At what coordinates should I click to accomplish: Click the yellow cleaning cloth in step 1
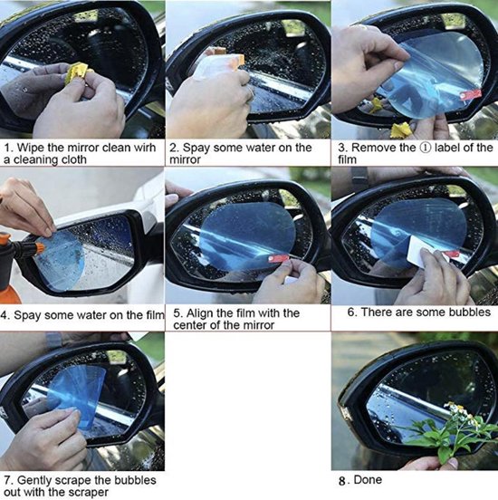click(78, 73)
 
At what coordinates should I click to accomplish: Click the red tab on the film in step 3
click(470, 94)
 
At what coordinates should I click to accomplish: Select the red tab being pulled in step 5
click(278, 258)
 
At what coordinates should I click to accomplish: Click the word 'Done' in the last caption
click(368, 479)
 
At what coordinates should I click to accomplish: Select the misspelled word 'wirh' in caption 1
click(143, 148)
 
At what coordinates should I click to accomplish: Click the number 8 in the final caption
click(342, 481)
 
